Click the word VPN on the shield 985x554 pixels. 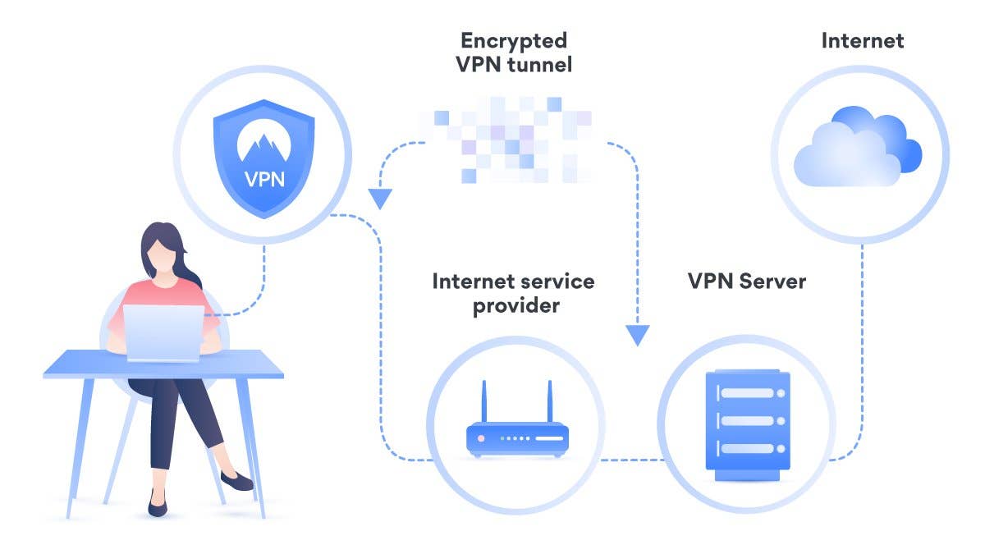[264, 177]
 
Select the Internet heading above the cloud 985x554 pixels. [862, 40]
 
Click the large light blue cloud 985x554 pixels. [845, 156]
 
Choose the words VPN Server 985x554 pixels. [747, 282]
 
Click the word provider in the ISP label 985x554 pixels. [512, 306]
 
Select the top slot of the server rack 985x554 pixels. [748, 393]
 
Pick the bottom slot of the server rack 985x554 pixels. [748, 448]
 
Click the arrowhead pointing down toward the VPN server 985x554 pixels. [637, 335]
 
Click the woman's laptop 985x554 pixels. [165, 333]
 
